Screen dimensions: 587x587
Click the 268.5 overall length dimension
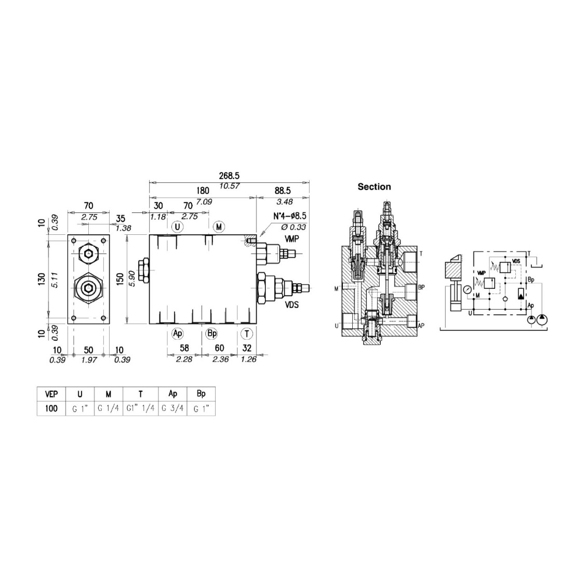point(229,176)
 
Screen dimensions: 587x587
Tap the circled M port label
point(219,226)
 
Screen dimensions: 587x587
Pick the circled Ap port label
point(178,333)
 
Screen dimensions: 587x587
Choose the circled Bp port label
point(211,333)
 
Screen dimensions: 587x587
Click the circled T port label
point(247,333)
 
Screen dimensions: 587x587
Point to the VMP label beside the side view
point(291,238)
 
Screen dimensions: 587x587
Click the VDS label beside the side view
point(291,305)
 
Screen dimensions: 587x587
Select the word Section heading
point(374,187)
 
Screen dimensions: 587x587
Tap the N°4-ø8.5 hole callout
point(289,217)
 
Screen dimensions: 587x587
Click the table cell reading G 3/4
point(172,408)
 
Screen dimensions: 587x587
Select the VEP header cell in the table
point(51,394)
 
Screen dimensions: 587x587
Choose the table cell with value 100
point(51,408)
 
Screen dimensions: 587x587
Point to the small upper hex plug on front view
point(89,255)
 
